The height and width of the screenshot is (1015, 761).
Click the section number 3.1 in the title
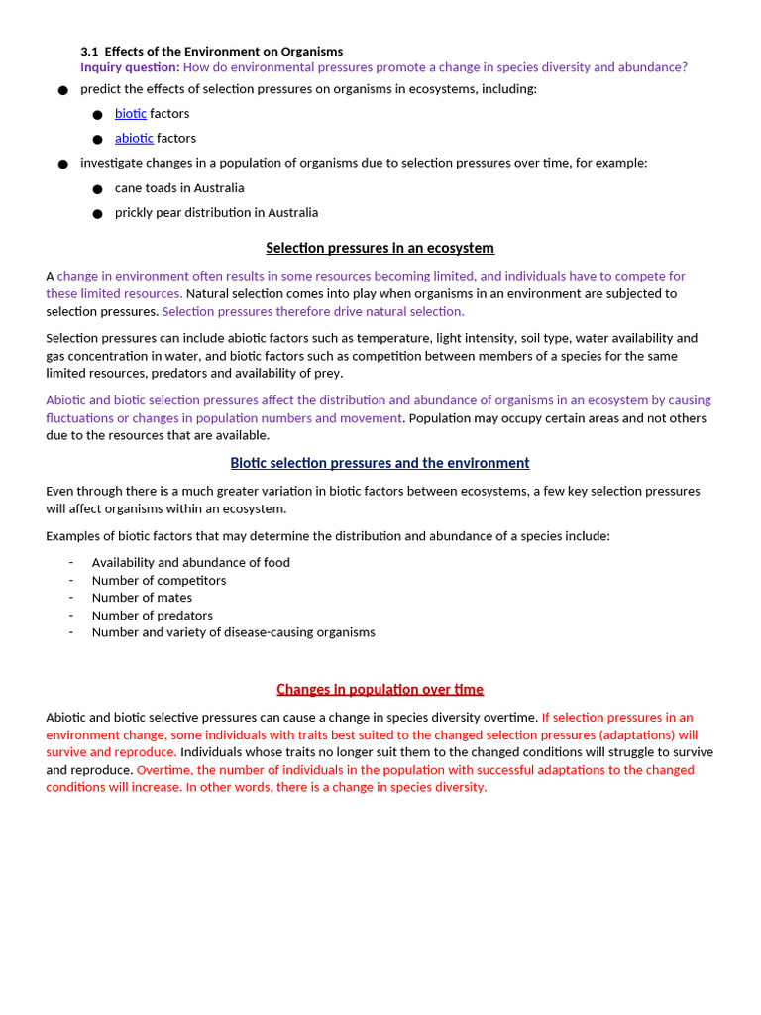pyautogui.click(x=89, y=51)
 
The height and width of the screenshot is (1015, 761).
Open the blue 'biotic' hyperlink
pyautogui.click(x=130, y=114)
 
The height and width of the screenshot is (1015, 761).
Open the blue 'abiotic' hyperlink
pyautogui.click(x=134, y=139)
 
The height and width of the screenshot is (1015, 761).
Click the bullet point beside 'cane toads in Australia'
pyautogui.click(x=97, y=188)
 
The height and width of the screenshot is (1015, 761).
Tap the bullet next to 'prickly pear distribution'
pyautogui.click(x=97, y=213)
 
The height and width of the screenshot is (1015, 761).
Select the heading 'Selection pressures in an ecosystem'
pyautogui.click(x=380, y=248)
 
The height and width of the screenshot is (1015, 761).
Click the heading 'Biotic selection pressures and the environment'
pyautogui.click(x=380, y=463)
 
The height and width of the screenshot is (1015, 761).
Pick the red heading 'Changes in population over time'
pyautogui.click(x=380, y=689)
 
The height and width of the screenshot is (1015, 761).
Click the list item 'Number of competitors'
pyautogui.click(x=159, y=580)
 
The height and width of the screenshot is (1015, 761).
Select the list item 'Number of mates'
pyautogui.click(x=142, y=598)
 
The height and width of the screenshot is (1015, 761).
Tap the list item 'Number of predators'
pyautogui.click(x=152, y=616)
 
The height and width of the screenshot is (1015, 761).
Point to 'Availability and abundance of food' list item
pyautogui.click(x=190, y=562)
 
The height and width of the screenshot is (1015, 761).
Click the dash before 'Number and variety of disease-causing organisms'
pyautogui.click(x=71, y=632)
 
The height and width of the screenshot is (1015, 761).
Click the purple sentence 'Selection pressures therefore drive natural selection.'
pyautogui.click(x=313, y=311)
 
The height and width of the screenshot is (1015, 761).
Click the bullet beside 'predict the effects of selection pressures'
pyautogui.click(x=62, y=90)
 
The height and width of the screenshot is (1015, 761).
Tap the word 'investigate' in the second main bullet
pyautogui.click(x=113, y=163)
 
